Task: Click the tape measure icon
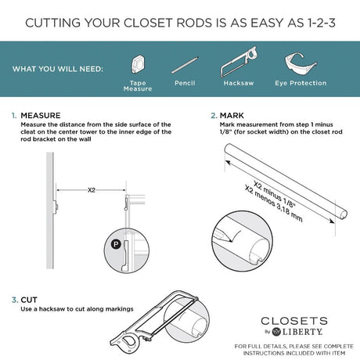[x=138, y=63]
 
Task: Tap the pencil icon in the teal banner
[x=185, y=65]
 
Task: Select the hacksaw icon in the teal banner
[x=239, y=62]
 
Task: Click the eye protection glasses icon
[x=300, y=63]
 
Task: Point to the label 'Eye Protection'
[x=301, y=83]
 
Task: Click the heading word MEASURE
[x=41, y=115]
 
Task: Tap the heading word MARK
[x=232, y=115]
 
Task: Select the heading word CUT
[x=29, y=300]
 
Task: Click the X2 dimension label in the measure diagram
[x=92, y=190]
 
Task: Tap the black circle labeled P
[x=116, y=244]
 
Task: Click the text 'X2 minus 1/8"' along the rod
[x=275, y=195]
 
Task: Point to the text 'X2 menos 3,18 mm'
[x=274, y=203]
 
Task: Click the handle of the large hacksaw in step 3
[x=128, y=342]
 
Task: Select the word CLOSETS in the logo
[x=294, y=321]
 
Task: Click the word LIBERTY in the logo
[x=303, y=332]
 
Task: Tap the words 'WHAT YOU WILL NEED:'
[x=58, y=69]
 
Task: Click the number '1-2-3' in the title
[x=321, y=23]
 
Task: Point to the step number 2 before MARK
[x=214, y=115]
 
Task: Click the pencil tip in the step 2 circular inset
[x=231, y=241]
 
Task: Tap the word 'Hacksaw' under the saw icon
[x=239, y=83]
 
